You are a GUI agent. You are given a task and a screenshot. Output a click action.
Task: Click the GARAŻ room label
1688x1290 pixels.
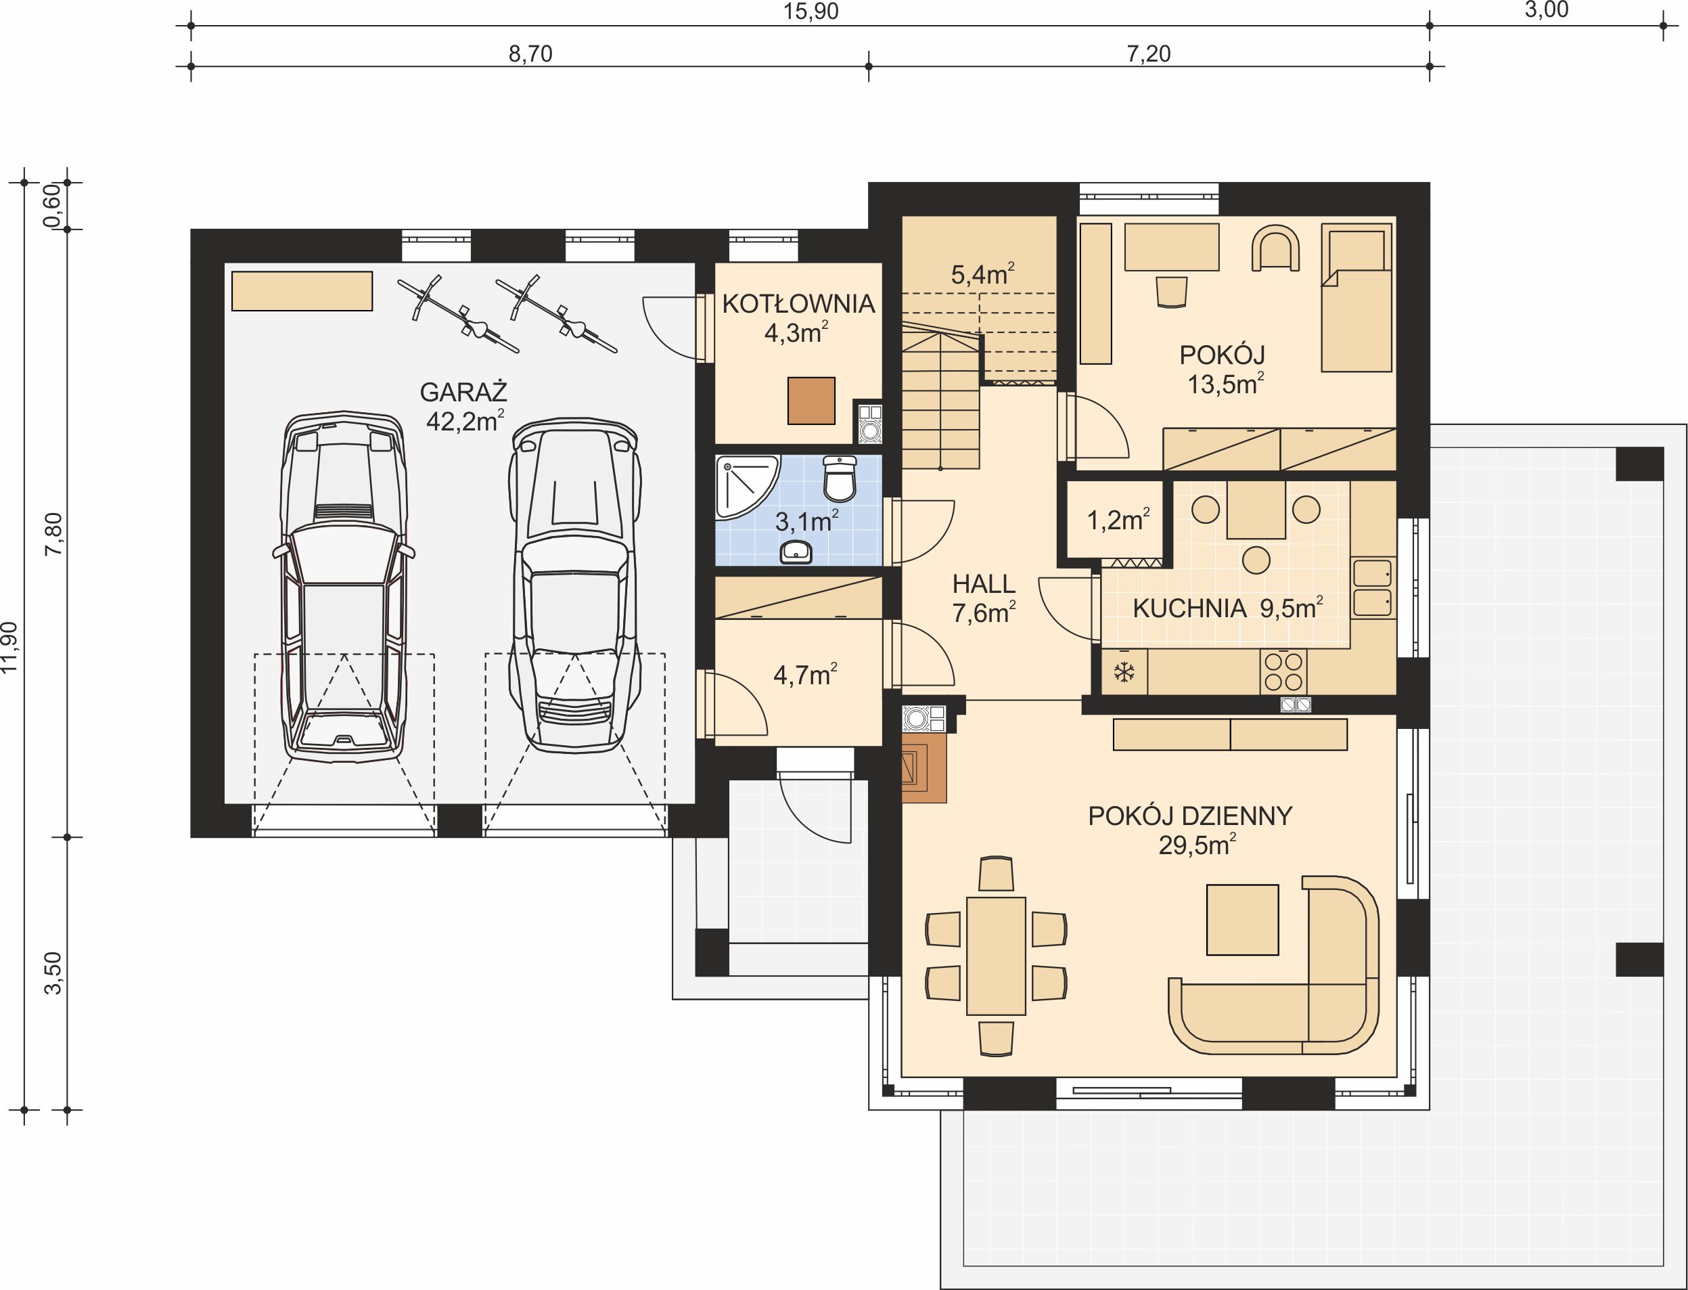coord(463,393)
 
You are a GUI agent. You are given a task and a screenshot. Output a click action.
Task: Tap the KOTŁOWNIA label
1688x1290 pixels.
coord(798,304)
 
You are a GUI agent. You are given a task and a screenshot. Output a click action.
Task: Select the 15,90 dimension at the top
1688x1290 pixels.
coord(811,12)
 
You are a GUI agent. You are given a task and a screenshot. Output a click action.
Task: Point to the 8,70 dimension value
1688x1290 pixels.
coord(530,53)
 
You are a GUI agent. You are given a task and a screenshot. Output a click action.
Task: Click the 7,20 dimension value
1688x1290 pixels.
coord(1148,53)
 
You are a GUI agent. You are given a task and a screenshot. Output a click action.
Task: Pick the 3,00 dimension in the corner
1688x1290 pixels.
coord(1546,11)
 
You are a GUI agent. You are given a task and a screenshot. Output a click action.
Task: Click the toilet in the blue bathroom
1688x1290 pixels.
coord(840,478)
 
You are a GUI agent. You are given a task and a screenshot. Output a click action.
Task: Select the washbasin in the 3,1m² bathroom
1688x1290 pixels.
coord(796,552)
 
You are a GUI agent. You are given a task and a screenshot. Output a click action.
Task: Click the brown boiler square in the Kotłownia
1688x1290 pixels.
coord(811,401)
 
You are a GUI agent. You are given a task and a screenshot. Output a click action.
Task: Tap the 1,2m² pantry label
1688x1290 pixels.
coord(1118,520)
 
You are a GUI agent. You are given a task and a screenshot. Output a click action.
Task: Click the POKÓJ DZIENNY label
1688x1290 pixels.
coord(1190,816)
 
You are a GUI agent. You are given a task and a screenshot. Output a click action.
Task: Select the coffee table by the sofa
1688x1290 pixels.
coord(1243,920)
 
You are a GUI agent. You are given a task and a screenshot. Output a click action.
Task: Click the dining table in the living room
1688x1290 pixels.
coord(997,956)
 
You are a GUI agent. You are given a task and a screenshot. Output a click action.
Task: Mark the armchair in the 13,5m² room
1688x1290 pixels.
coord(1275,248)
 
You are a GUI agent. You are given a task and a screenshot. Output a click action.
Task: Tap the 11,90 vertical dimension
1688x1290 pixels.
coord(10,646)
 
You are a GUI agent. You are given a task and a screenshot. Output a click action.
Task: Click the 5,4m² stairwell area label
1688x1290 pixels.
coord(982,274)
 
